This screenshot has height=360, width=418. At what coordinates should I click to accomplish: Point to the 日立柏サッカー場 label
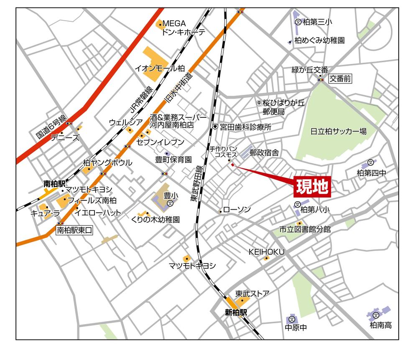[339, 131]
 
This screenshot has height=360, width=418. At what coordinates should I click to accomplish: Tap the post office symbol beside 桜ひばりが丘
[259, 102]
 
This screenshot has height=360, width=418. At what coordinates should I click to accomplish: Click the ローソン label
[237, 210]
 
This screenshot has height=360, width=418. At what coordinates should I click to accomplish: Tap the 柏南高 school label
[380, 325]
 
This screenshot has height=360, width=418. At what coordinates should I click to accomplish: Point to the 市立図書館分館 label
[305, 229]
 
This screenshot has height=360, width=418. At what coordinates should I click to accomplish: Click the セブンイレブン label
[166, 142]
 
